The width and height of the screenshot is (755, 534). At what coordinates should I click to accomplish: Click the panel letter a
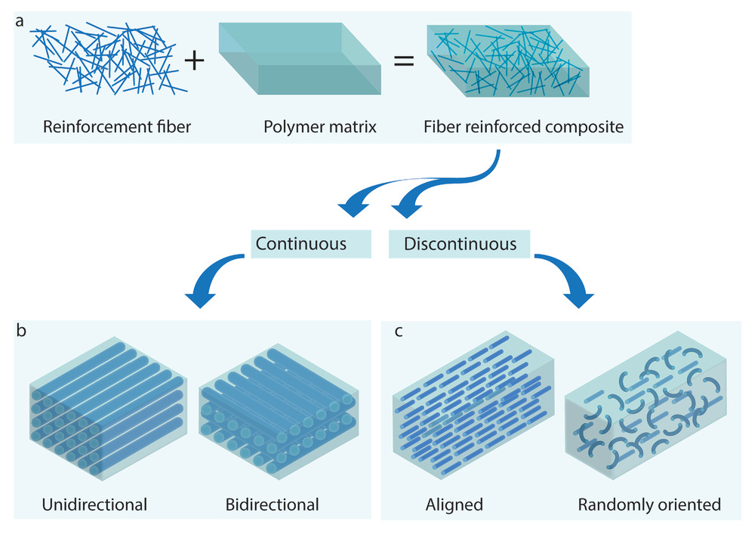tap(20, 22)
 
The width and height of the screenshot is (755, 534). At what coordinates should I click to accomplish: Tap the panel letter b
tap(21, 331)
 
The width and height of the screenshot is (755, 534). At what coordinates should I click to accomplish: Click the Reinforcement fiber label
tap(117, 127)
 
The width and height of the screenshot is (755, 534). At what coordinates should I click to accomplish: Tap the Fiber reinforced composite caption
tap(525, 127)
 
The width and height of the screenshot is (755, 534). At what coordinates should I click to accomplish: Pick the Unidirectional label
tap(95, 504)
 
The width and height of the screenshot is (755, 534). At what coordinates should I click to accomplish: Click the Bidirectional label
tap(273, 504)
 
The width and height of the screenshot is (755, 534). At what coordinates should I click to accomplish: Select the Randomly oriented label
tap(649, 504)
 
